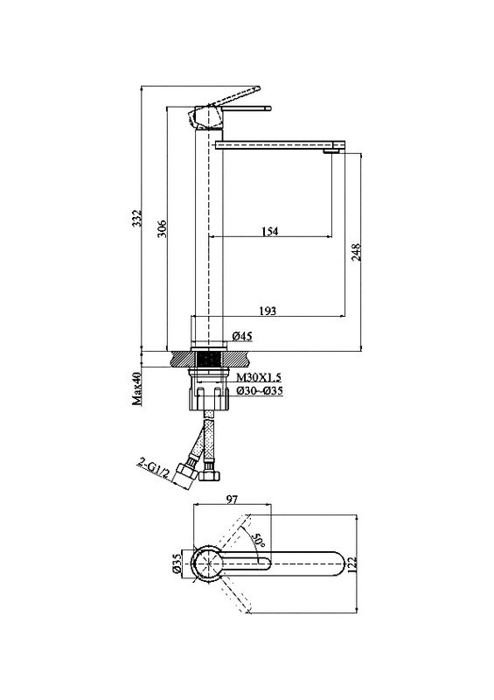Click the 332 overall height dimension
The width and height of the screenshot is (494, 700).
click(138, 217)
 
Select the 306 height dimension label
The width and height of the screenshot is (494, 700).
click(163, 228)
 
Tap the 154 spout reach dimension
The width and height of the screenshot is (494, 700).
click(269, 231)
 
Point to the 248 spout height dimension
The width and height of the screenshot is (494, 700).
click(356, 253)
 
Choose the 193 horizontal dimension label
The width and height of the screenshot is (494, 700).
click(268, 311)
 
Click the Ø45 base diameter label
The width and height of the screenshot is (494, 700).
click(242, 336)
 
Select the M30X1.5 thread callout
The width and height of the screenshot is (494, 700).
click(259, 378)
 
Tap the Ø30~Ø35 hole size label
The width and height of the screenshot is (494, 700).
click(260, 391)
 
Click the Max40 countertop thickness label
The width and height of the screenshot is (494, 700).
click(137, 388)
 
